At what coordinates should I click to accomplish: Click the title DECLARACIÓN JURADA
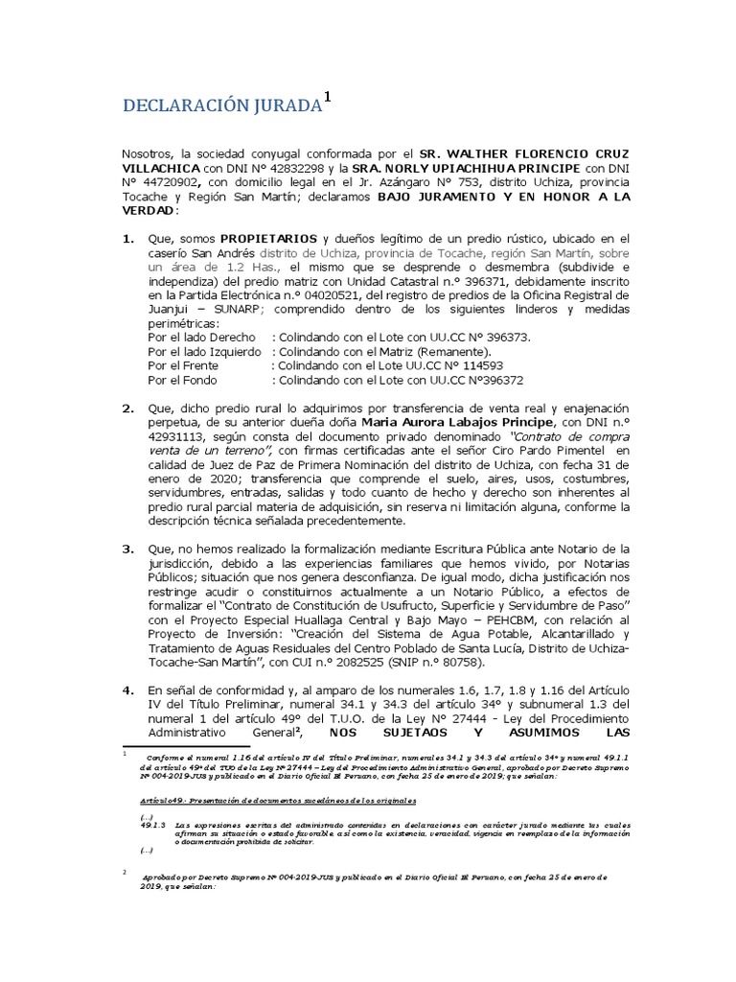[x=220, y=106]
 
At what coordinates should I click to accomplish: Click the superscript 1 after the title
[x=328, y=96]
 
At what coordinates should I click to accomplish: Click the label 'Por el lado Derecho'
[x=201, y=338]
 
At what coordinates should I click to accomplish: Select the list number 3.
[x=127, y=549]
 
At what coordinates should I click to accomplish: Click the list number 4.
[x=127, y=690]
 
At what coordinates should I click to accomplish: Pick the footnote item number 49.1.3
[x=153, y=824]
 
